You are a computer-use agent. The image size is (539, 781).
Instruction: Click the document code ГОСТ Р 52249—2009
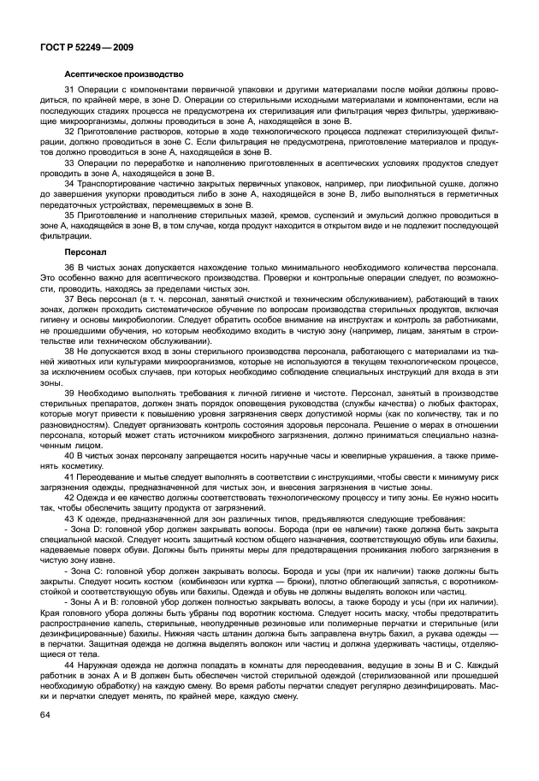(x=85, y=47)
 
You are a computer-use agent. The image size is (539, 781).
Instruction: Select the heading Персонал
(x=85, y=253)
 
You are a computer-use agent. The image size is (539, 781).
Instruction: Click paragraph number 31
(x=69, y=91)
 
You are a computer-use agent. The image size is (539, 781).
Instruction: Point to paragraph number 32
(x=69, y=132)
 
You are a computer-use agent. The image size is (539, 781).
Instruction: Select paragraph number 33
(x=69, y=162)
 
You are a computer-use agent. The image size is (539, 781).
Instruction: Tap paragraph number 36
(x=69, y=269)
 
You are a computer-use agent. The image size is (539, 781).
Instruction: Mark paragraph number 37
(x=69, y=300)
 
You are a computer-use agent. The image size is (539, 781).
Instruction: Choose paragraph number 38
(x=69, y=352)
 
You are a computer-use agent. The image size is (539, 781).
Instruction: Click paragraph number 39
(x=69, y=393)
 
